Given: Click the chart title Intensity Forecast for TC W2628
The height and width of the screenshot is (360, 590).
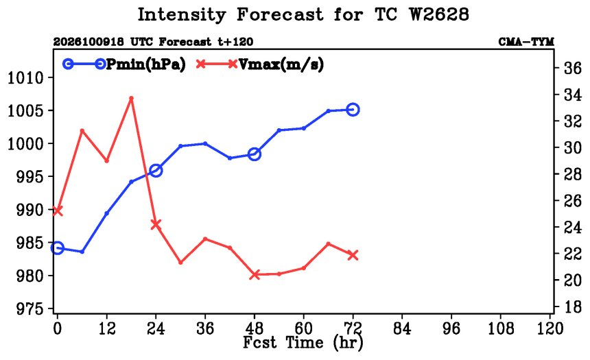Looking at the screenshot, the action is tap(303, 14).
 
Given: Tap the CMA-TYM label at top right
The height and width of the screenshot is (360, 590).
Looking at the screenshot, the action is tap(526, 42).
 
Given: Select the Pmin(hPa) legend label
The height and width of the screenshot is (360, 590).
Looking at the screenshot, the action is tap(146, 64).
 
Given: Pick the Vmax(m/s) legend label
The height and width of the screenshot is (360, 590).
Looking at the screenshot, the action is tap(281, 64).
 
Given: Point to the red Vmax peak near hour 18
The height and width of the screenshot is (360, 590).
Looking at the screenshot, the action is tap(131, 98).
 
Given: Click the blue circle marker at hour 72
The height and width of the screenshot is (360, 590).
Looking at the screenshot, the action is tap(353, 110).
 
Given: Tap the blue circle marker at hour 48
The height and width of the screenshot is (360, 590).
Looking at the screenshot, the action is tap(255, 154).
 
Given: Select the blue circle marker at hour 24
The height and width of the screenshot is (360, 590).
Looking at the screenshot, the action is tap(156, 171).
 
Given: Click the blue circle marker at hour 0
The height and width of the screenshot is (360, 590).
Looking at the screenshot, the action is tap(57, 248).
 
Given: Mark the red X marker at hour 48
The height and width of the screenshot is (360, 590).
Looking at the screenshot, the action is tap(255, 274).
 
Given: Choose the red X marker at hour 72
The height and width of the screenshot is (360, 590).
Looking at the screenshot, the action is tap(353, 255).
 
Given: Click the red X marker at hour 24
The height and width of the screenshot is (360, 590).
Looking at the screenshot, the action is tap(156, 225).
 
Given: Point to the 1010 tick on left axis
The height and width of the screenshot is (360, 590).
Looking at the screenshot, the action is tap(25, 78).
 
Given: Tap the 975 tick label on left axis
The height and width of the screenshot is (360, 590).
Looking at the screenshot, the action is tap(29, 309).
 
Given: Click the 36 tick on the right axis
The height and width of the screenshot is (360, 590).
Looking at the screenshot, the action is tap(572, 68).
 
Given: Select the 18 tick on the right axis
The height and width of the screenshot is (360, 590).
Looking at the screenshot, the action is tap(572, 307).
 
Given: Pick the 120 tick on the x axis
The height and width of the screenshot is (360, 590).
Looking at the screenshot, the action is tap(550, 328).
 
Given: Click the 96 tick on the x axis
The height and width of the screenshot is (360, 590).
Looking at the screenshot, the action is tap(451, 328).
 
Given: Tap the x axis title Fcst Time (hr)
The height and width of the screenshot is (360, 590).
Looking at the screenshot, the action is tap(303, 343).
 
